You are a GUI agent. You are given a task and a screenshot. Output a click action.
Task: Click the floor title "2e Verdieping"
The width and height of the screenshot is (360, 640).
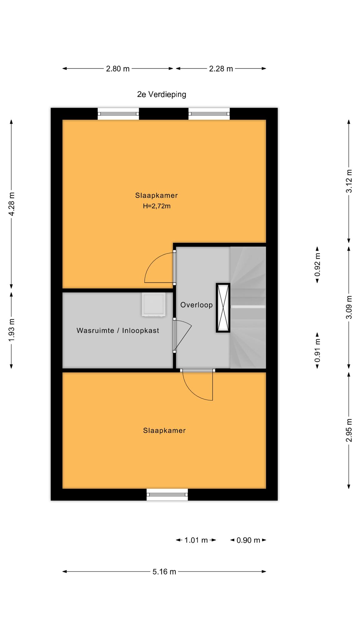point(162,94)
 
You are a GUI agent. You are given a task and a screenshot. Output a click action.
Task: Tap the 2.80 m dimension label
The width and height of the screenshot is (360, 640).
point(118,69)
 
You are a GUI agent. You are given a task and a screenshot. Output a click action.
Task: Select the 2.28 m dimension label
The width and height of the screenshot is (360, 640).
point(221,69)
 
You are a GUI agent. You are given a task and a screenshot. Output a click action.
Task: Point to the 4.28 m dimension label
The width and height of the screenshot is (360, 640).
point(12,204)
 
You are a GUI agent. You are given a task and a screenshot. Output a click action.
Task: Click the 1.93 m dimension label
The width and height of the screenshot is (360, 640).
point(12,330)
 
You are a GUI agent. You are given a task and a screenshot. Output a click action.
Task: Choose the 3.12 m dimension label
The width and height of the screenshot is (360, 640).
point(349,181)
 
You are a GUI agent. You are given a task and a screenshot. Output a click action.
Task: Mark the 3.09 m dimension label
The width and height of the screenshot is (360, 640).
point(349,307)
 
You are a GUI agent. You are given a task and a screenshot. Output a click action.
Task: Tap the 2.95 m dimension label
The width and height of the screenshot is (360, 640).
point(349,430)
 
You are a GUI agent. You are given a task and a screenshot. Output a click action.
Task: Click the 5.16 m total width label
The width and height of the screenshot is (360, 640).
point(164,572)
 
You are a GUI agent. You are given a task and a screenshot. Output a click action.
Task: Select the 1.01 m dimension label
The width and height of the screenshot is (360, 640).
point(196,540)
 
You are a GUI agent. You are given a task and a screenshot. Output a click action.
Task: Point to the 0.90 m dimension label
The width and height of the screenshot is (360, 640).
point(248,540)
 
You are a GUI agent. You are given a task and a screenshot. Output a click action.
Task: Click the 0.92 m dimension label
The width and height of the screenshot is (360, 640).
point(317,265)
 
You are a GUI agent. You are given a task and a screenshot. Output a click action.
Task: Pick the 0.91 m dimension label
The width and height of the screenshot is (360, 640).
point(317,351)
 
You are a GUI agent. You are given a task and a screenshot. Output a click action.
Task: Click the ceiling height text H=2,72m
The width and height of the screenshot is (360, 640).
point(157,206)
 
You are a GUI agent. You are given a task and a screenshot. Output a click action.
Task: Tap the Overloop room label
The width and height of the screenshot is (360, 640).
point(197,305)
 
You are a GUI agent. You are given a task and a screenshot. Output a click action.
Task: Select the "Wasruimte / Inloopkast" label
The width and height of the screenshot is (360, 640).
point(118,331)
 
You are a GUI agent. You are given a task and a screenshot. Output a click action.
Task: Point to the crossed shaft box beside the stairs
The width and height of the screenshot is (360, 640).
point(223,308)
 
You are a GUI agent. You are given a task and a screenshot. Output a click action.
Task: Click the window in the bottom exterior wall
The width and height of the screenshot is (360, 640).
point(167,494)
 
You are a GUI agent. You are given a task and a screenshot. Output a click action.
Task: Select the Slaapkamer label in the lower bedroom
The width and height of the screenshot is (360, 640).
point(164,431)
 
